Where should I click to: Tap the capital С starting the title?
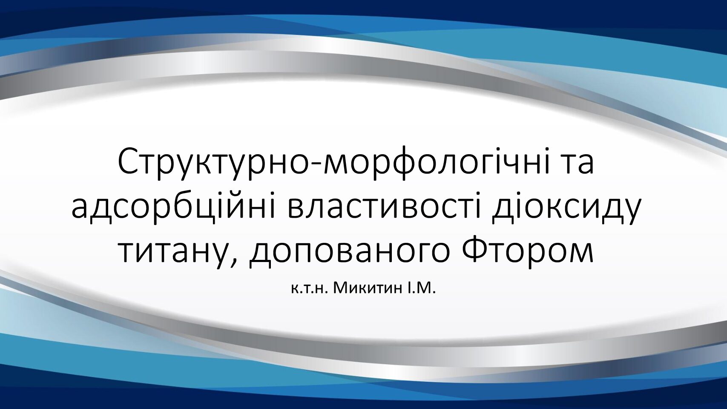(130, 161)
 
